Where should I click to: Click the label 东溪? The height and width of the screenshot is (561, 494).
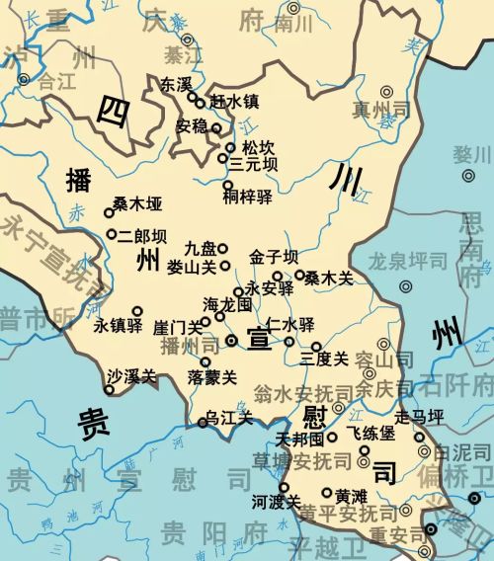point(176,85)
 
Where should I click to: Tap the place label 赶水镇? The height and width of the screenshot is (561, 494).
point(233,102)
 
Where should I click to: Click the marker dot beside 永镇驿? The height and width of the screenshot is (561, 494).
point(137,310)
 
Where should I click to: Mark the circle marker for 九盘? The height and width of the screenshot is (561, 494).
point(223,248)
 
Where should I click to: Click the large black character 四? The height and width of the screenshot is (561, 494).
point(113,114)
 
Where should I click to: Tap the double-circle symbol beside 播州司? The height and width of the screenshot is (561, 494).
point(231,339)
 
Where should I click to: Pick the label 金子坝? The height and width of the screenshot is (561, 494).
point(273,257)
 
